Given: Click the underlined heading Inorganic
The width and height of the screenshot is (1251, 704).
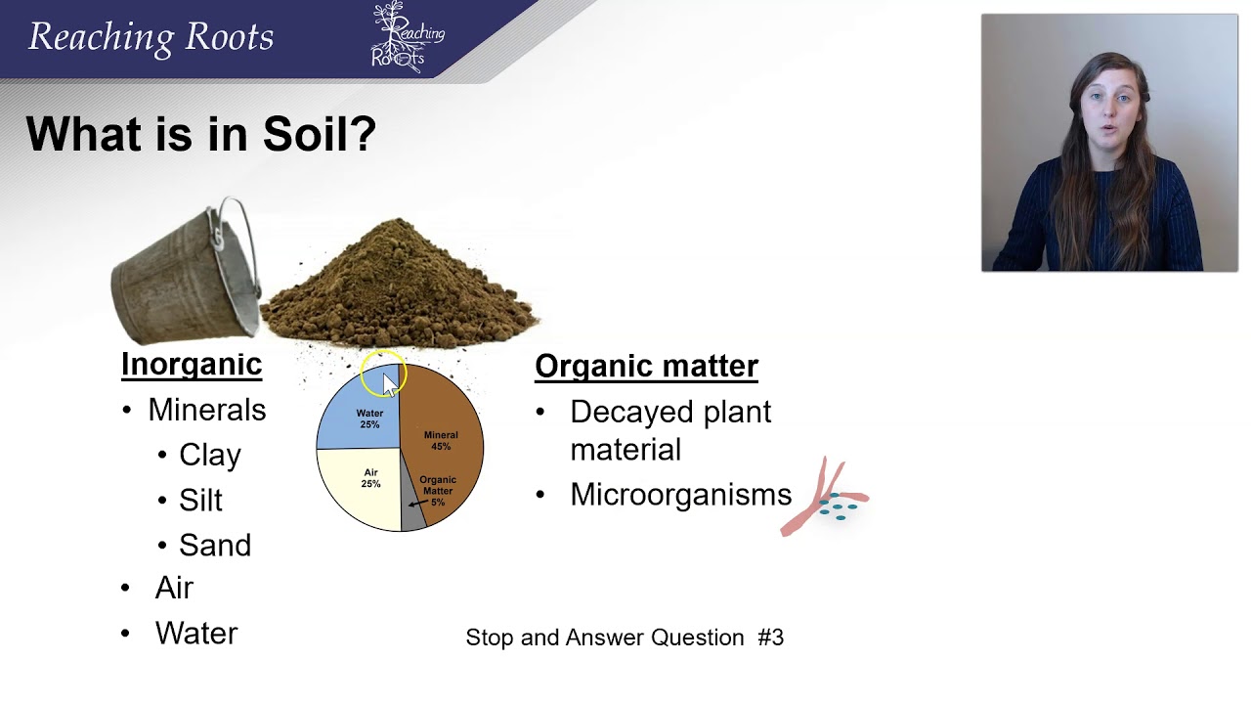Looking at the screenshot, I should pos(192,364).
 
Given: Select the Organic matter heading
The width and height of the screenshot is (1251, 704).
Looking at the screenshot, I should pos(646,366).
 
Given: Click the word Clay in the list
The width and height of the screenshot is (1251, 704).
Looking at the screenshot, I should pos(209,455).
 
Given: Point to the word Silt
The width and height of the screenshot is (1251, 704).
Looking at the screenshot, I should pos(200,500).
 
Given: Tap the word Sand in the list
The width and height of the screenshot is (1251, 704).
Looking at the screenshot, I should pos(214,545).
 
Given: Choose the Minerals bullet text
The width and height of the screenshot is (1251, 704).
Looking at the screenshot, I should pos(206,410).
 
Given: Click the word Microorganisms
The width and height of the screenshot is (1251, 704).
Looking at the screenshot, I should pos(680,495).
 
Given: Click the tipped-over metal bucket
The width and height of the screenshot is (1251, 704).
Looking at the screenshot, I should pos(186,274).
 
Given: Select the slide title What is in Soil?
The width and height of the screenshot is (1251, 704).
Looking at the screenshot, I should pos(200,133).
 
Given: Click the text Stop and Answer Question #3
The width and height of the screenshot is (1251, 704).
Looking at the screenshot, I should pos(625,638).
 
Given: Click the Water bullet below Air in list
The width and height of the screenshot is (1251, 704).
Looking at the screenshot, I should pos(195,634).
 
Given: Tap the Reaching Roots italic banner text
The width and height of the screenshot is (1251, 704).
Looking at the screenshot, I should pos(151,37).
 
